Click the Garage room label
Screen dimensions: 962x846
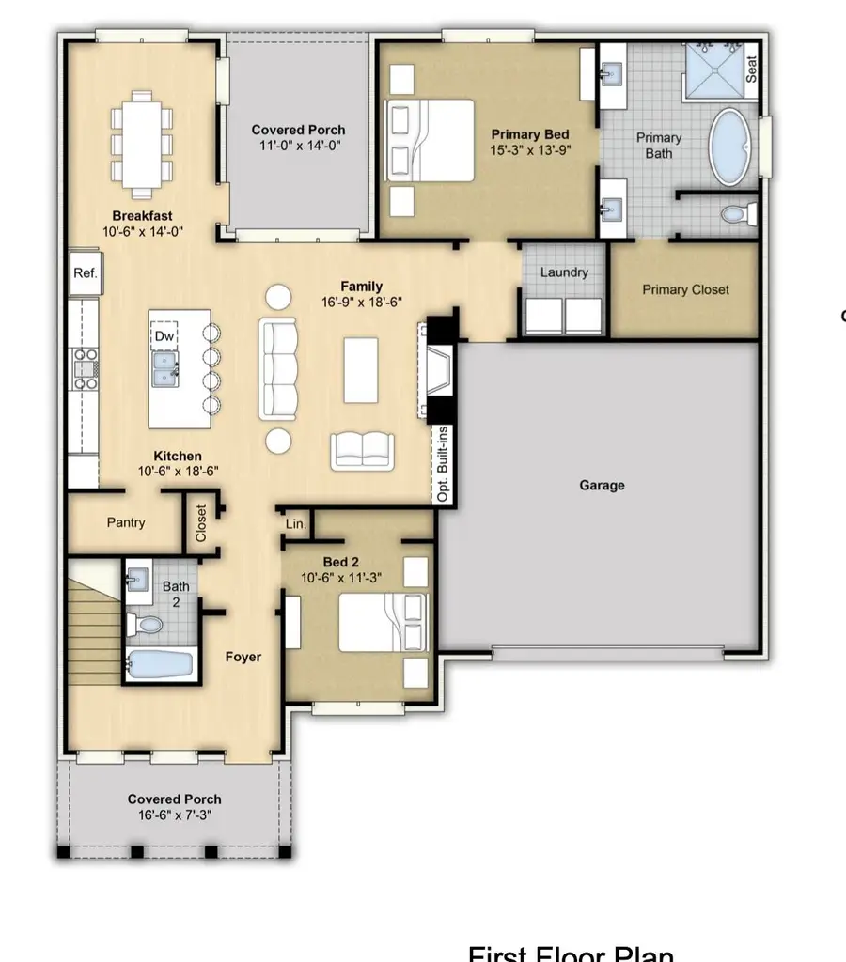[602, 486]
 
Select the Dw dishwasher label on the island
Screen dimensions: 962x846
[165, 335]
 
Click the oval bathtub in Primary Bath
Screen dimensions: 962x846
[728, 147]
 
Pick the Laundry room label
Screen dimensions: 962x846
[564, 272]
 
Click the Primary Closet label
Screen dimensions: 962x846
[685, 289]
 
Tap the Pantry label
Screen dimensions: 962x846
[125, 522]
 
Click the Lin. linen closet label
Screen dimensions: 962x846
[295, 524]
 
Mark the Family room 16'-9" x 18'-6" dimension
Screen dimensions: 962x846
[362, 303]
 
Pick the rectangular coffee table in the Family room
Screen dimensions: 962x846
[361, 368]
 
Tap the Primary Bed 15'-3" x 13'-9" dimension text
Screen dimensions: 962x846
[530, 149]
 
